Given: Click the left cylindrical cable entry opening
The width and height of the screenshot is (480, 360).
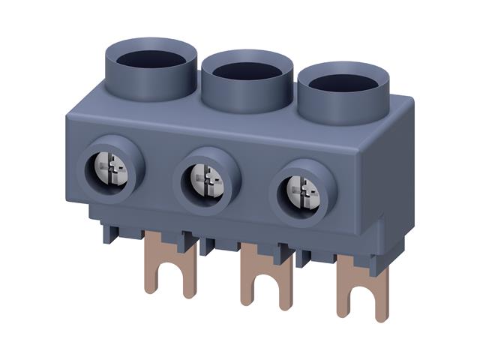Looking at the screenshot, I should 151,57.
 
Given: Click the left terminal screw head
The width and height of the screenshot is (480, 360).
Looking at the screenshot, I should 112,169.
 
